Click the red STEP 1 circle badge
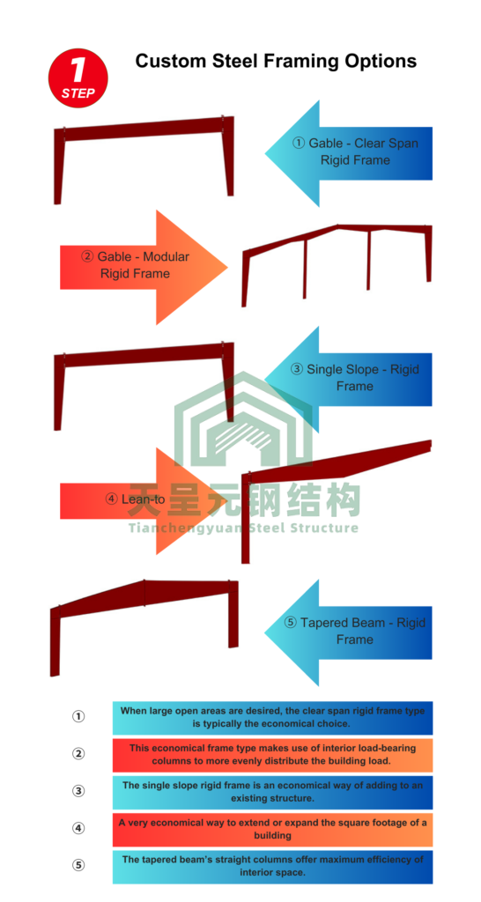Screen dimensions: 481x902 [78, 78]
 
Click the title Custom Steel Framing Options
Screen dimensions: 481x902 [276, 61]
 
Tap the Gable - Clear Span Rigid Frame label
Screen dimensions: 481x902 [355, 152]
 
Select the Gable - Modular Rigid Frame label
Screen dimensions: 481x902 [135, 264]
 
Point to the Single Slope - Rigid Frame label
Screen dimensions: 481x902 [355, 377]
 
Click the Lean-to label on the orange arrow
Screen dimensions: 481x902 [135, 499]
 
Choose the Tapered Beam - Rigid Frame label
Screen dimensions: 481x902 [355, 631]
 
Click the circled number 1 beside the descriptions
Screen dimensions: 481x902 [78, 716]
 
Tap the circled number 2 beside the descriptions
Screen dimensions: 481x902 [78, 754]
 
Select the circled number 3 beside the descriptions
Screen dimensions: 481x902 [78, 791]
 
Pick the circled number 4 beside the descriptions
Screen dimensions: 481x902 [78, 828]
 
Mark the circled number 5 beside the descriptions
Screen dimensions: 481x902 [78, 865]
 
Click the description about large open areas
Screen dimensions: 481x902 [272, 717]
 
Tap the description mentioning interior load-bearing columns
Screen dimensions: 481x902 [272, 754]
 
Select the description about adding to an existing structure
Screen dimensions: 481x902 [272, 792]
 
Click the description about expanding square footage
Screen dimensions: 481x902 [272, 829]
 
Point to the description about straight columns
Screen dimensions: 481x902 [272, 866]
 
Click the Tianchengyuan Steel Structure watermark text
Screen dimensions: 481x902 [243, 528]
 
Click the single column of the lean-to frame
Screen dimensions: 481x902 [246, 518]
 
